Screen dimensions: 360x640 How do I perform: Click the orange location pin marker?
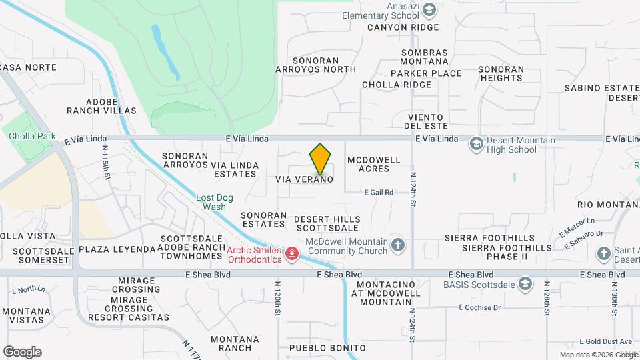coord(321,159)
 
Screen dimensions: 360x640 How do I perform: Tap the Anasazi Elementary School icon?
coord(429,9)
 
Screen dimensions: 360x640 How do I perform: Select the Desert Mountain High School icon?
coord(476,144)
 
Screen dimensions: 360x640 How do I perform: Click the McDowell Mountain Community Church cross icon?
coord(398,245)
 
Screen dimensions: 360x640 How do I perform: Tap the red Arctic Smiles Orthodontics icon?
coord(291,254)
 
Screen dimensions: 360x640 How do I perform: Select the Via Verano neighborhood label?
coord(304,180)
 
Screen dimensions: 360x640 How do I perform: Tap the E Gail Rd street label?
coord(378,192)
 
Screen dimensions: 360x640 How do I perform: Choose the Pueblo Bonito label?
coord(327,348)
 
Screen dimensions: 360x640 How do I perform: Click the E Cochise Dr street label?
coord(479,307)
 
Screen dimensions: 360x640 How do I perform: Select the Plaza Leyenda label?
coord(117,249)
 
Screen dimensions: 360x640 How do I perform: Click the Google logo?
coord(22,352)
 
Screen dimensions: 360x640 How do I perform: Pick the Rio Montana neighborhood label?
coord(608,204)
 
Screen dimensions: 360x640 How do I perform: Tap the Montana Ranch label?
coord(235,343)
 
